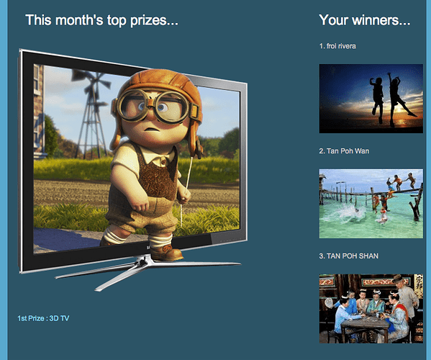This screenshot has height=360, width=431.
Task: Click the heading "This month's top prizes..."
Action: pyautogui.click(x=101, y=20)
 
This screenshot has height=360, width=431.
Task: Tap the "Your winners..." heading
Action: pyautogui.click(x=365, y=20)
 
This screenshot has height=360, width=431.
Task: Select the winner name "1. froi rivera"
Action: pyautogui.click(x=337, y=46)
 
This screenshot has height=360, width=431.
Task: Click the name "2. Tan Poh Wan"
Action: pyautogui.click(x=344, y=151)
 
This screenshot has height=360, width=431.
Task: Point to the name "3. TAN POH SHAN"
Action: pyautogui.click(x=349, y=256)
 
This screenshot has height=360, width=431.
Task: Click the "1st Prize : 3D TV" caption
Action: pyautogui.click(x=43, y=318)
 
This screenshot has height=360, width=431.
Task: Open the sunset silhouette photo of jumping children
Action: pyautogui.click(x=371, y=99)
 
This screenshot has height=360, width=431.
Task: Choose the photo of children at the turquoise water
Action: pyautogui.click(x=371, y=204)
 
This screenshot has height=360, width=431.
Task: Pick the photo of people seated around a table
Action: pyautogui.click(x=371, y=309)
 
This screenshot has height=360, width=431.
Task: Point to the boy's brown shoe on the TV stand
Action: pyautogui.click(x=165, y=253)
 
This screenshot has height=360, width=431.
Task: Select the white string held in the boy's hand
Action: pyautogui.click(x=187, y=187)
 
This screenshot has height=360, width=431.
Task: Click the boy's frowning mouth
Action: pyautogui.click(x=149, y=129)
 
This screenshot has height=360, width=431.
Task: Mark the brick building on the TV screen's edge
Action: pyautogui.click(x=39, y=110)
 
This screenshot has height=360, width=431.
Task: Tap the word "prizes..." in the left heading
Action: pyautogui.click(x=154, y=21)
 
